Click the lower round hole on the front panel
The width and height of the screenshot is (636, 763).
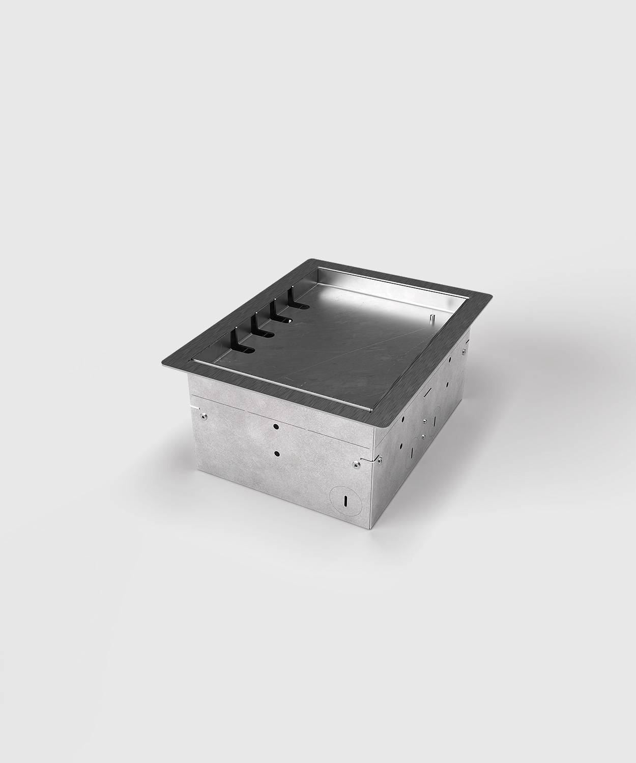(x=277, y=453)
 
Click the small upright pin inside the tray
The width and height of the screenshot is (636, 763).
(x=432, y=318)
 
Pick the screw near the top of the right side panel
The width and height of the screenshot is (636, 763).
(x=465, y=351)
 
